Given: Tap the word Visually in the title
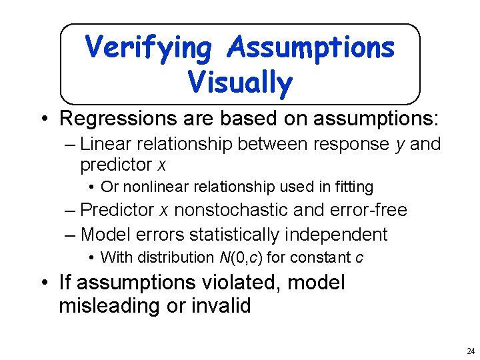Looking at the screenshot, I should coord(240,83).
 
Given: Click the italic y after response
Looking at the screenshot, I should coord(400,145).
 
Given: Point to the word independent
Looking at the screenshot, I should coord(343,235).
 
